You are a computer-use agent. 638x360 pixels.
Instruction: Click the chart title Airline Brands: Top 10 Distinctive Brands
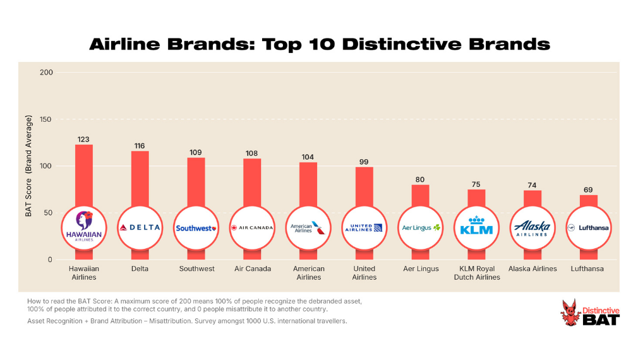[x=319, y=44]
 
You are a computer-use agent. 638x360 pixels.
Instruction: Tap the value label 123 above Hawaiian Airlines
[x=84, y=139]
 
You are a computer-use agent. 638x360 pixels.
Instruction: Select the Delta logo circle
[x=140, y=228]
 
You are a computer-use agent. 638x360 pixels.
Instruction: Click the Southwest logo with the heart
[x=196, y=228]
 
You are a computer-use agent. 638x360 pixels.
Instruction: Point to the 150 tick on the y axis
[x=45, y=119]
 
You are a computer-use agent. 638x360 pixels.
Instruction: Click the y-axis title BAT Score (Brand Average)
[x=28, y=165]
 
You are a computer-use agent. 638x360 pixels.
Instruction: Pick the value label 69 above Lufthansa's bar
[x=588, y=189]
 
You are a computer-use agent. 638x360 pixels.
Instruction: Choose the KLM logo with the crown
[x=476, y=227]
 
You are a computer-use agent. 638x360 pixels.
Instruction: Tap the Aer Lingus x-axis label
[x=420, y=268]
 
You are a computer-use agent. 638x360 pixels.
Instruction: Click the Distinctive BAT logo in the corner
[x=590, y=313]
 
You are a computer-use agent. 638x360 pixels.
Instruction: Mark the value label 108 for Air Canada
[x=252, y=153]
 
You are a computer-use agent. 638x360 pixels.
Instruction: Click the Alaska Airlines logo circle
[x=532, y=228]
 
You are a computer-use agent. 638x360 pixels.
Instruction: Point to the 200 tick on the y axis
[x=45, y=73]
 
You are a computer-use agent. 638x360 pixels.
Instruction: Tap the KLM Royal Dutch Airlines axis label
[x=476, y=273]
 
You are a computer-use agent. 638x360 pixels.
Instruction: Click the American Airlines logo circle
[x=308, y=228]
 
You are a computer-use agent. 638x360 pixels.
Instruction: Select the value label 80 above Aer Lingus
[x=420, y=179]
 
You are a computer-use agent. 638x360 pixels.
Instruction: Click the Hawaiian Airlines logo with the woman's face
[x=84, y=228]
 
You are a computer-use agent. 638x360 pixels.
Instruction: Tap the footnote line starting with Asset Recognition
[x=187, y=321]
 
